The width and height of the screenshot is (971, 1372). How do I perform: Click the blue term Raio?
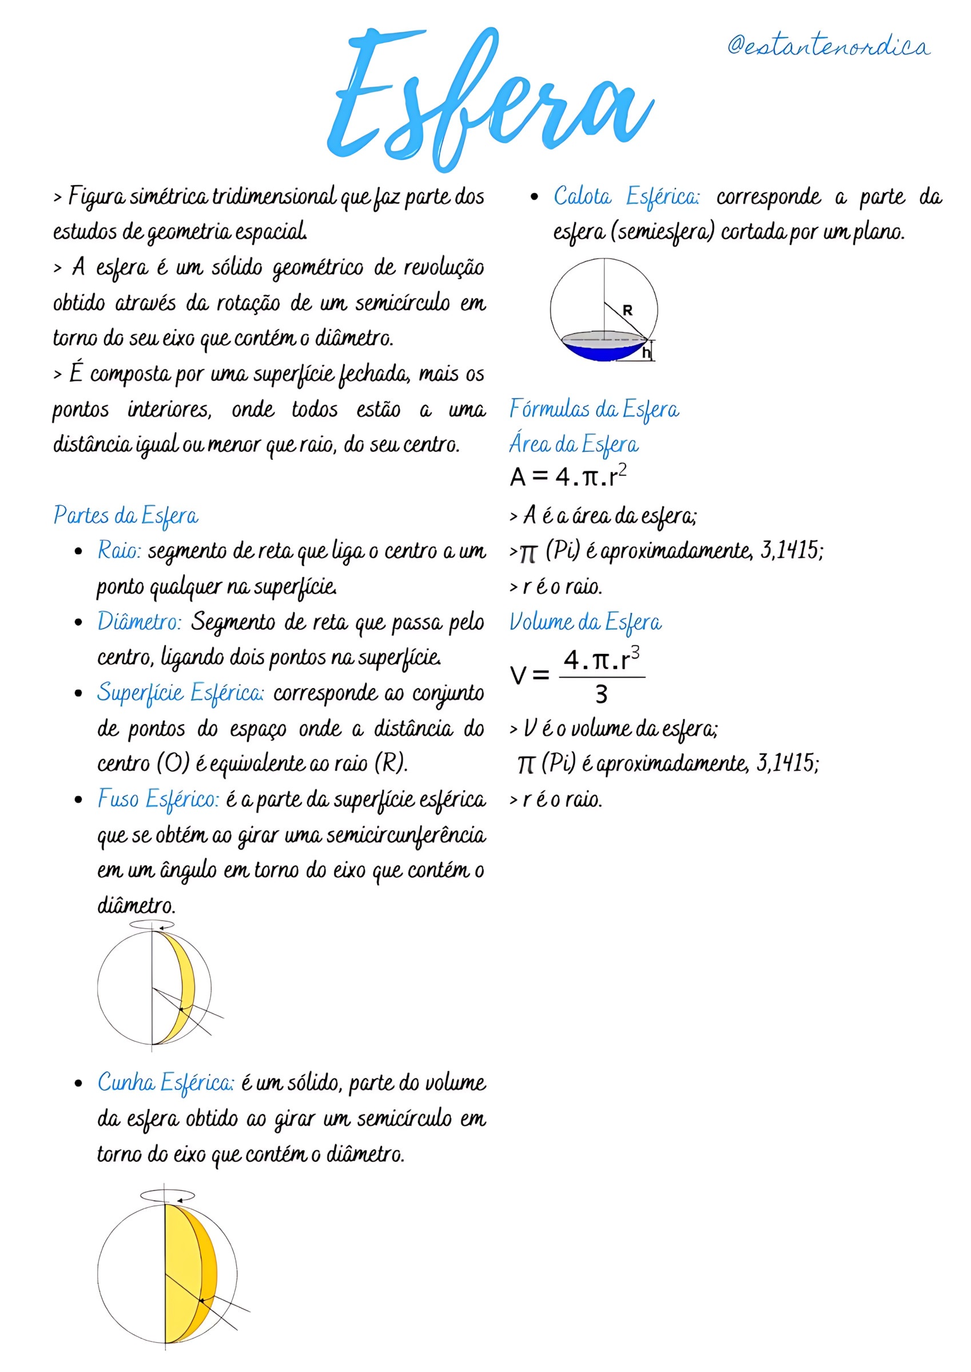click(x=119, y=551)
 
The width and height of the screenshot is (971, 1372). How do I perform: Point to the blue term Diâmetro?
click(x=140, y=623)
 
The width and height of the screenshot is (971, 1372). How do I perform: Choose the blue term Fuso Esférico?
click(x=158, y=800)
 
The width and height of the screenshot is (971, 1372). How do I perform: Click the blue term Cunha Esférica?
click(x=166, y=1083)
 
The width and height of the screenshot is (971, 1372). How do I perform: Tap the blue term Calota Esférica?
click(x=626, y=197)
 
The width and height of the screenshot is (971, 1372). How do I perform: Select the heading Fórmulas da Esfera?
click(x=594, y=410)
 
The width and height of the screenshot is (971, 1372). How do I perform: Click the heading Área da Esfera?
click(x=574, y=445)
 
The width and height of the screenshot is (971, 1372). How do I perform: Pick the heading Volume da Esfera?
click(x=586, y=623)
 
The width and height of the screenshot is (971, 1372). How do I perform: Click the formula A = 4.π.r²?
click(x=568, y=477)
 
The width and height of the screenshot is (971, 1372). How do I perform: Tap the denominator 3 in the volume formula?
click(x=601, y=695)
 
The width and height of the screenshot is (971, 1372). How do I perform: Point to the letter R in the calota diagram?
click(x=627, y=311)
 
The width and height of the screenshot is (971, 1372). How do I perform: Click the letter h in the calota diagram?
click(x=646, y=353)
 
